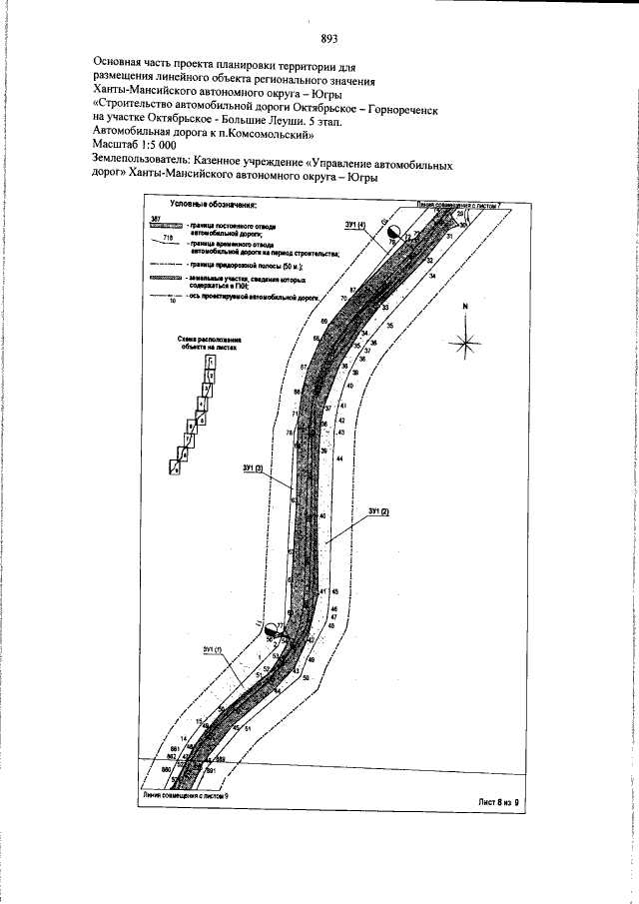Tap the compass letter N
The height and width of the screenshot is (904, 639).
[464, 309]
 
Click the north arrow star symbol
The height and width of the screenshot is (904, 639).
[464, 344]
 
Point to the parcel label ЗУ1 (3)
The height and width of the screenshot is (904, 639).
[252, 467]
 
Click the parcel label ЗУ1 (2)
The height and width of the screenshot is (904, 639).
[377, 512]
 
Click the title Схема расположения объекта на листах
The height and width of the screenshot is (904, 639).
[210, 345]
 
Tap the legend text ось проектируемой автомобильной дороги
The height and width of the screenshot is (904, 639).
[258, 298]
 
